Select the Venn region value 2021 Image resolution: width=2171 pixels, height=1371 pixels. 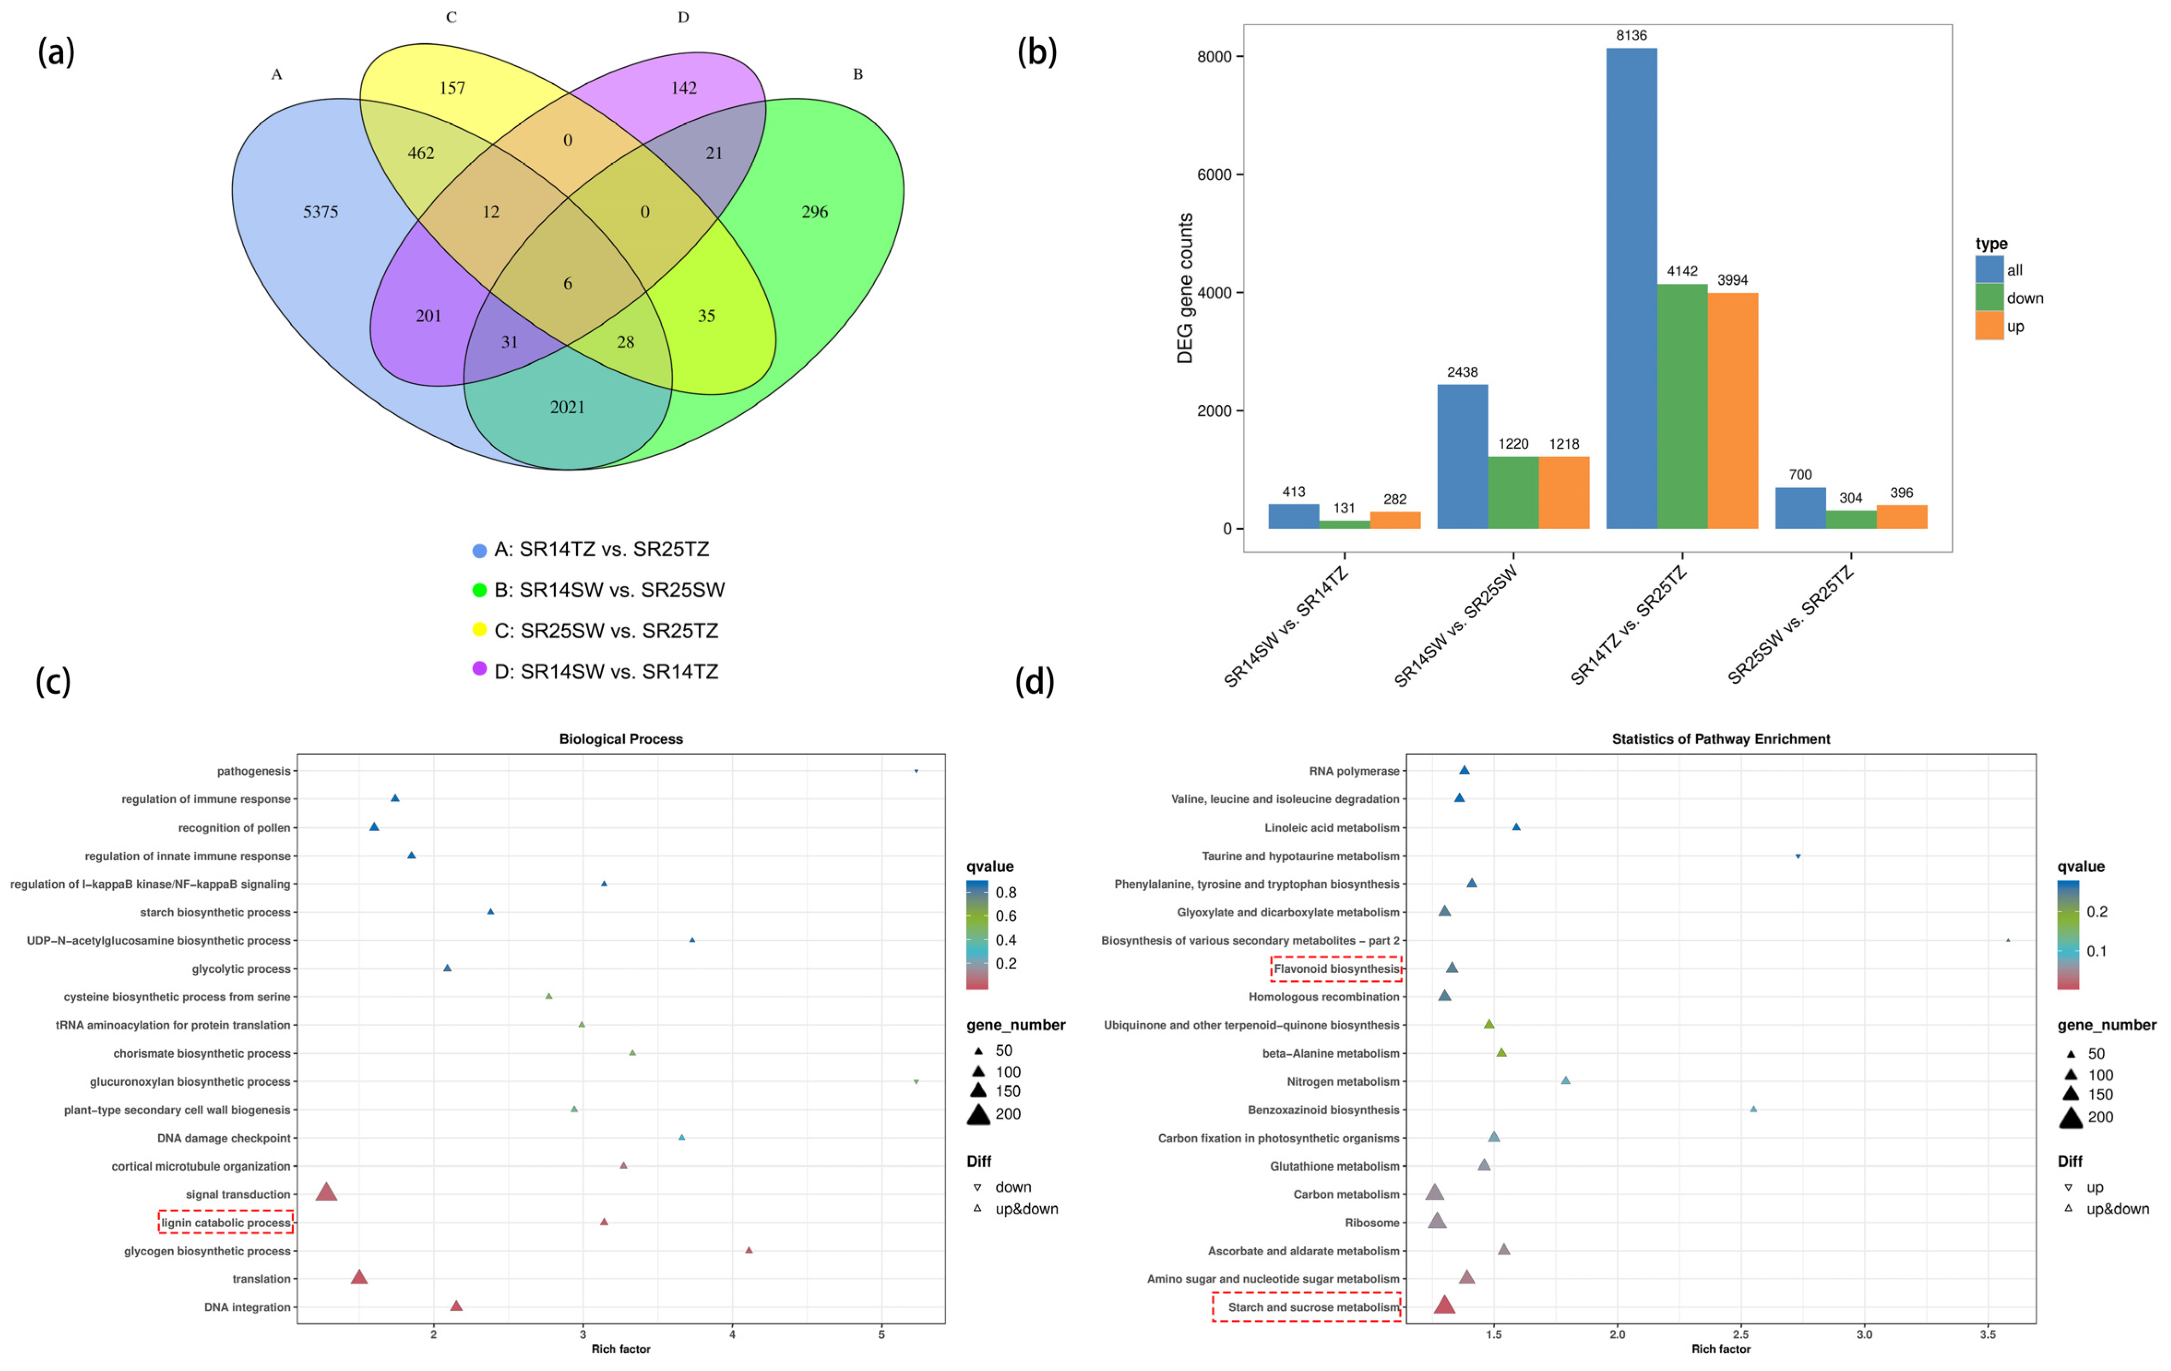[x=567, y=407]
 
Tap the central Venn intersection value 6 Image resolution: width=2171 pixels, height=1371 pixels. [x=567, y=284]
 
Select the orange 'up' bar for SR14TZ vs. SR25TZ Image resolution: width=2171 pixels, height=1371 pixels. [x=1732, y=410]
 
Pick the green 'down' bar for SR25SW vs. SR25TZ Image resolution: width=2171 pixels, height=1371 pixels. [x=1850, y=519]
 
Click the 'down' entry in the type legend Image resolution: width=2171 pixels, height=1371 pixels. [x=2024, y=299]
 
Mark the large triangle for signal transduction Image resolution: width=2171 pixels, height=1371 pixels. [x=326, y=1193]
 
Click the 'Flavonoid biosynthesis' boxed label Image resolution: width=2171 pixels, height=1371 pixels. [x=1336, y=969]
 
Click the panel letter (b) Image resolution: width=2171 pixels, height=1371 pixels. [x=1036, y=52]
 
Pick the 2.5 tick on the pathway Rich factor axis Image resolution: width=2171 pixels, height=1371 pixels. [x=1741, y=1334]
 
